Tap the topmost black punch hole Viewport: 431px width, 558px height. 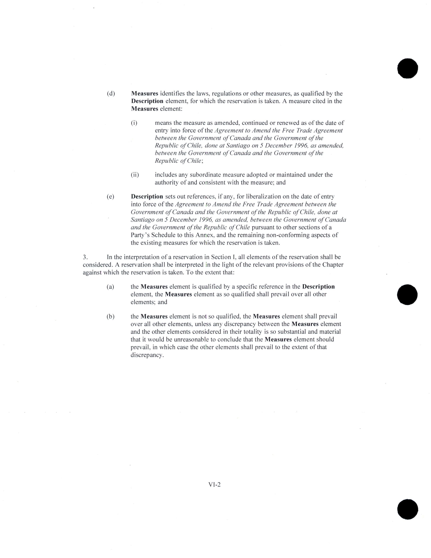408,68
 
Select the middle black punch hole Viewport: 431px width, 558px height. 407,294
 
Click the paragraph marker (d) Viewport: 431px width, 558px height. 111,94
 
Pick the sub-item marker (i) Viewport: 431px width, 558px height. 134,123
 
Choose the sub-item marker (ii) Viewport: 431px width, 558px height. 135,175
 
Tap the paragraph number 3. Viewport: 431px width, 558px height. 85,257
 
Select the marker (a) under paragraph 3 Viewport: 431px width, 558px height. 110,287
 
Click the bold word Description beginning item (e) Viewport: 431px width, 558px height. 147,197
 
